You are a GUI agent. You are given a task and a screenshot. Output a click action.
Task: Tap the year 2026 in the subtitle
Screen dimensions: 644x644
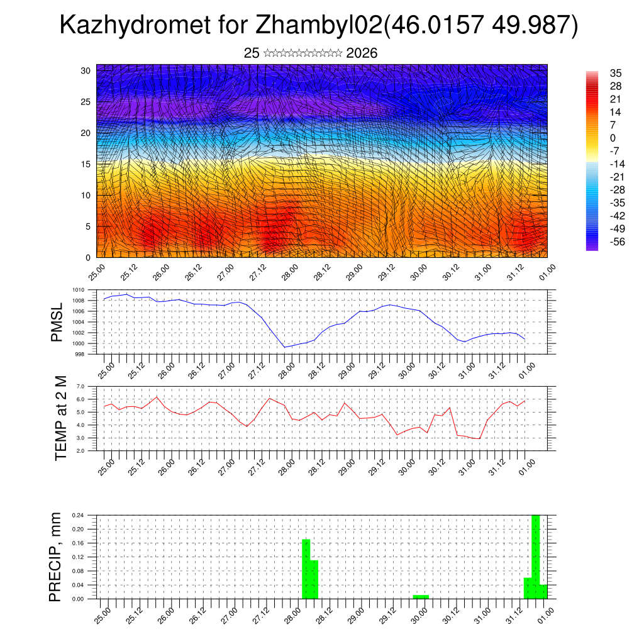[x=362, y=53]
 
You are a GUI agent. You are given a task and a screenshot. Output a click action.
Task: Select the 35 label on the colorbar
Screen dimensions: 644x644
[x=616, y=73]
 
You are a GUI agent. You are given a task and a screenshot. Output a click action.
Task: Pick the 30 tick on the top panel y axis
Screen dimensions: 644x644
[x=86, y=70]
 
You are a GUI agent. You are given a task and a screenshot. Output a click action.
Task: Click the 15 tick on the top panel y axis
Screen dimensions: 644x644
[x=86, y=164]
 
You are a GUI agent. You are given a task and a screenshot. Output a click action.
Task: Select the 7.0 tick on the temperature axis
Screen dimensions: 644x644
[x=80, y=386]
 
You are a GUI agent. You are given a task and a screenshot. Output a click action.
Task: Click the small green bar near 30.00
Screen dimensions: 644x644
[x=421, y=596]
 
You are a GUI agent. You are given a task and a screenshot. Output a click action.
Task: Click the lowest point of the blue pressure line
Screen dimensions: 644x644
[x=285, y=347]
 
